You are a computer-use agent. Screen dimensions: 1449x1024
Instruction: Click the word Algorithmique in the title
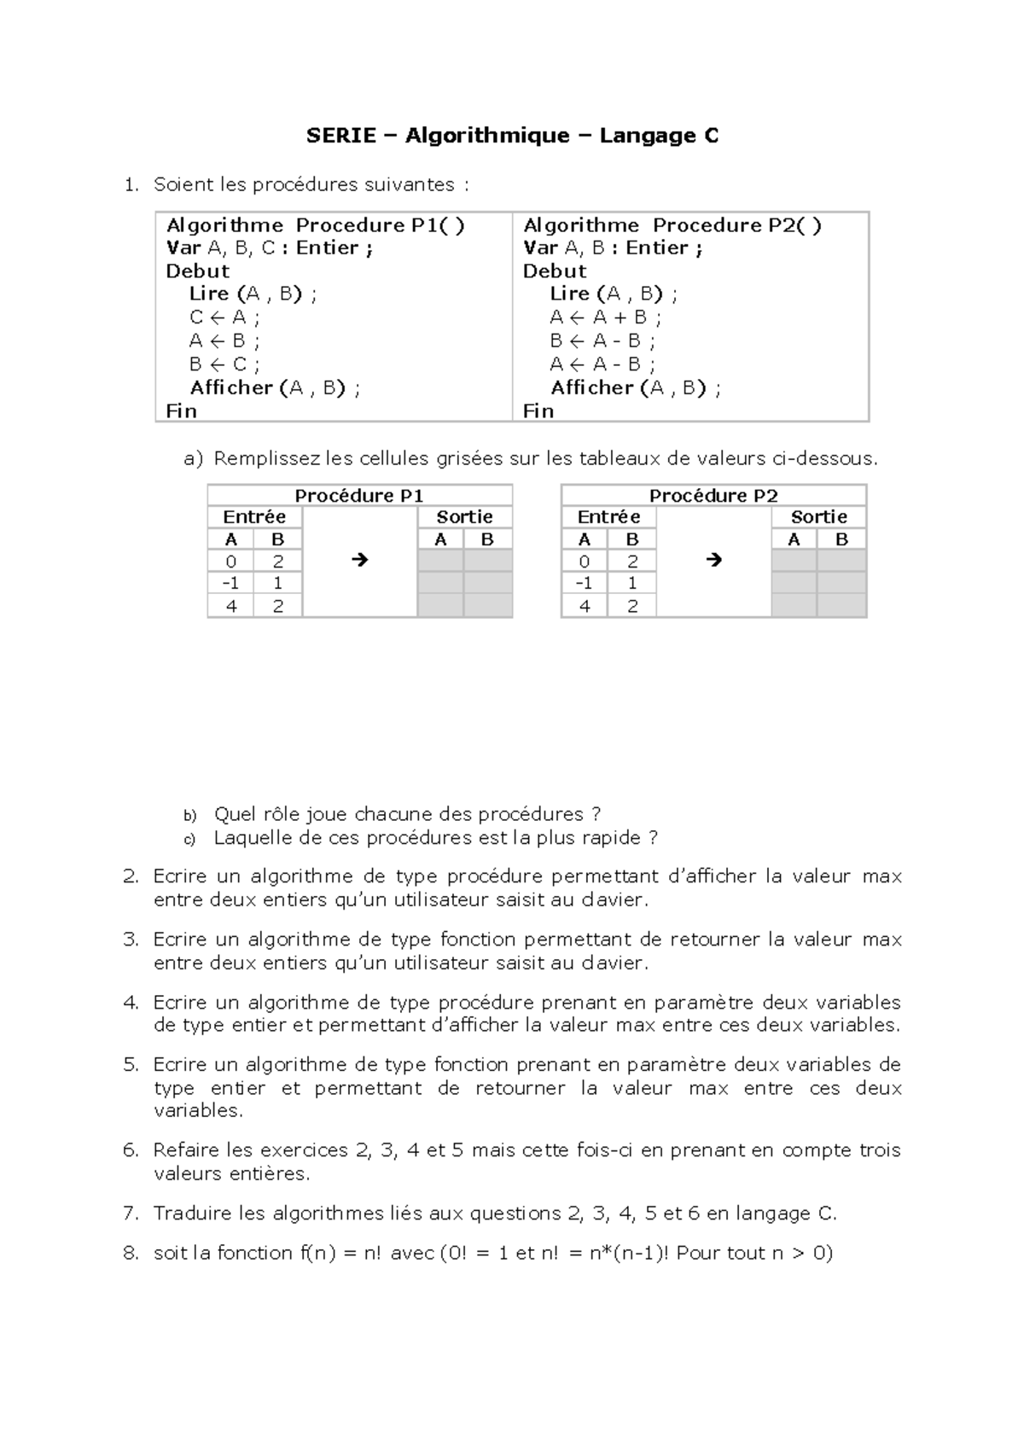pos(486,136)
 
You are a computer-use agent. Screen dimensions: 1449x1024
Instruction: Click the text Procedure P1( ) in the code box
pos(380,225)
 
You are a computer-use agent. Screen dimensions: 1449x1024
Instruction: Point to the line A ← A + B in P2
pos(605,317)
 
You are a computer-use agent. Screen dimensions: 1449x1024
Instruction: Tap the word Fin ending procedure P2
pos(538,411)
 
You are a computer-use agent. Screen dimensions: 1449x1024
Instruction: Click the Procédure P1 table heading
pos(358,496)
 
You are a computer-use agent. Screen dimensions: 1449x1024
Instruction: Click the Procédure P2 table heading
pos(713,496)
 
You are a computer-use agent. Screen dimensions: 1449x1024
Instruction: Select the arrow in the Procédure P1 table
pos(359,561)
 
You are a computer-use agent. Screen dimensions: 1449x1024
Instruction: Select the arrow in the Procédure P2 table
pos(714,561)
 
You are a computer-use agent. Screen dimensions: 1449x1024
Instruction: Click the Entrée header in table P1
pos(254,517)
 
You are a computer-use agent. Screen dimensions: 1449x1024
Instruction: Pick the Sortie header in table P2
pos(818,517)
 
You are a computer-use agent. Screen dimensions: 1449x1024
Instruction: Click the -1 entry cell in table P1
pos(230,584)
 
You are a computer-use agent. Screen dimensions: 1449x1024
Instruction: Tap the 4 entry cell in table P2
pos(585,606)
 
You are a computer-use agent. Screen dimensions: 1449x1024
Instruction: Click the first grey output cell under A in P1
pos(440,562)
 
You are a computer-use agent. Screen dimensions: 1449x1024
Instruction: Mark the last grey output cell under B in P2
pos(841,606)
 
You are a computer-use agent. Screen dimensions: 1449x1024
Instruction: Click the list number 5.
pos(131,1065)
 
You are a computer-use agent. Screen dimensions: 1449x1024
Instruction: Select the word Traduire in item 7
pos(193,1213)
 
